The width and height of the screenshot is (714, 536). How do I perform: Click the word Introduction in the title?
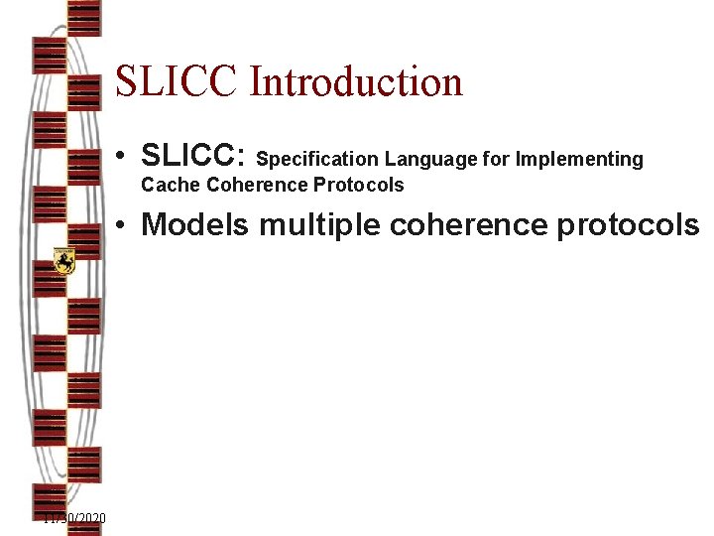(356, 81)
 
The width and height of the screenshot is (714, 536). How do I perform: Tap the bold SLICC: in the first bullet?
(193, 156)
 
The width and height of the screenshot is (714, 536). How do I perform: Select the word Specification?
(317, 159)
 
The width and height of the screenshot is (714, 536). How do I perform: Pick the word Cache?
(171, 185)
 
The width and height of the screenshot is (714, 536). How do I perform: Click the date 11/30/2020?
(75, 519)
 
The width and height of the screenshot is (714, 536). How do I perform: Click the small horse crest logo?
(64, 261)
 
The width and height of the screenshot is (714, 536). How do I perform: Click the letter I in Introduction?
(256, 81)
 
